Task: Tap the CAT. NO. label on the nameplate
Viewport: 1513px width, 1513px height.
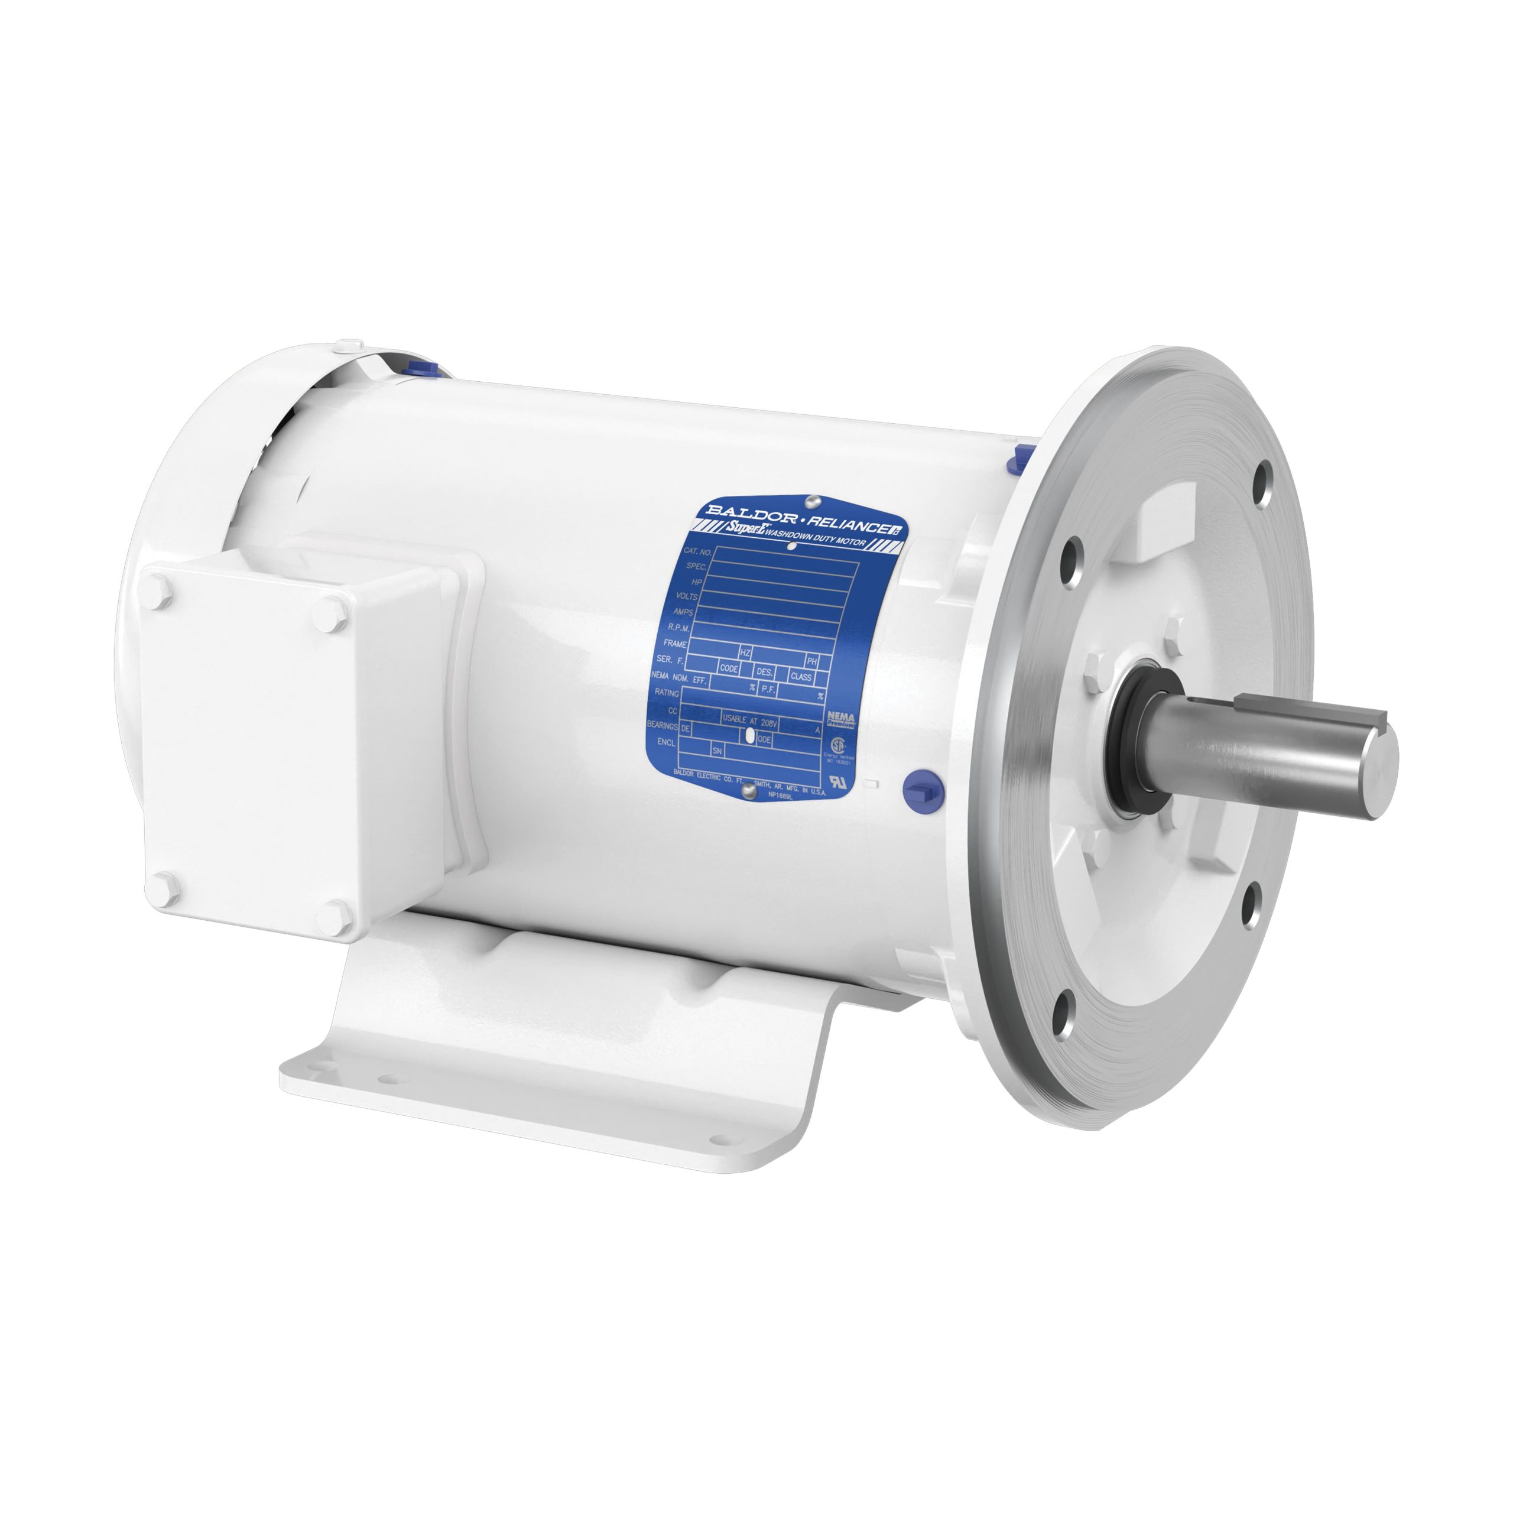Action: click(x=696, y=552)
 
